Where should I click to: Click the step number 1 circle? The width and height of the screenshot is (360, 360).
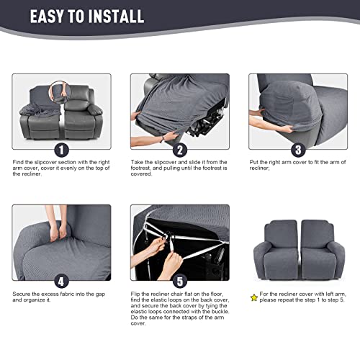(61, 150)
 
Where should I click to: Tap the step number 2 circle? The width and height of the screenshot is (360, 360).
(179, 150)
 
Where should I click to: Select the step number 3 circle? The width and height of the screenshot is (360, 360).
(297, 150)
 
